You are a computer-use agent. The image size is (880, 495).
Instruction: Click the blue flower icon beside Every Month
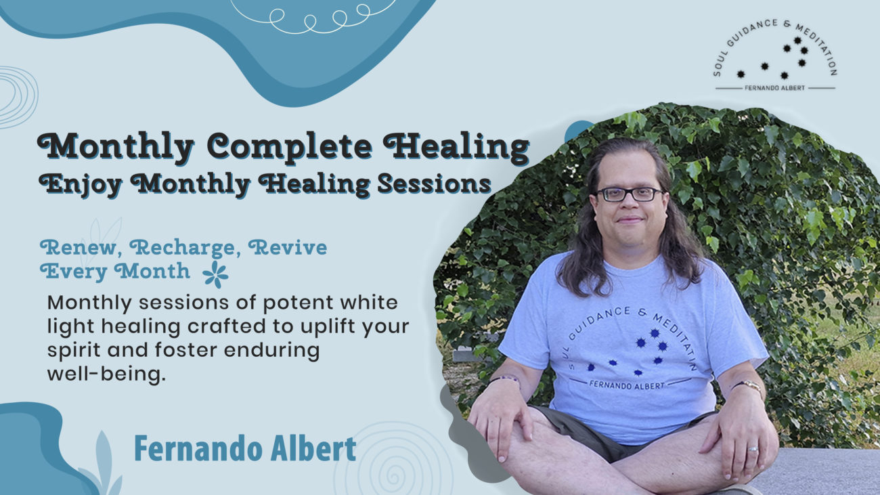click(x=216, y=274)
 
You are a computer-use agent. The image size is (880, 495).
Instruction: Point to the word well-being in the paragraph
click(x=106, y=374)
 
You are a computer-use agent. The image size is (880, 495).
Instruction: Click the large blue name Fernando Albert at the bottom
click(x=245, y=448)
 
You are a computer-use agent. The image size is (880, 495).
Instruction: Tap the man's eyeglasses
click(x=629, y=194)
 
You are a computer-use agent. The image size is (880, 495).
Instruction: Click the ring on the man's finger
click(x=752, y=449)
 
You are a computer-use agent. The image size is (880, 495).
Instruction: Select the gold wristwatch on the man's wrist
click(x=747, y=385)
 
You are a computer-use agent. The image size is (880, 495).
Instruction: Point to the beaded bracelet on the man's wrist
click(x=504, y=379)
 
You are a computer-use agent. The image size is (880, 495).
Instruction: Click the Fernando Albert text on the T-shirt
click(x=627, y=385)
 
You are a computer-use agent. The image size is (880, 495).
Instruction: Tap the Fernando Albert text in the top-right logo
click(x=774, y=88)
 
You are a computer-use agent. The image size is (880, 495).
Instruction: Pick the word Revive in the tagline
click(x=288, y=248)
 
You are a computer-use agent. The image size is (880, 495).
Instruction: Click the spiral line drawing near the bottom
click(x=393, y=459)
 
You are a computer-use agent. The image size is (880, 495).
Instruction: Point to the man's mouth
click(x=630, y=220)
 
